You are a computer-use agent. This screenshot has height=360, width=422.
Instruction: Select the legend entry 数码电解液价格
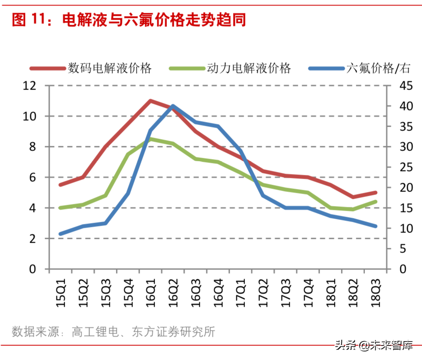pyautogui.click(x=110, y=68)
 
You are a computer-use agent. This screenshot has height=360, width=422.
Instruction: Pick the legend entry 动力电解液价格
pyautogui.click(x=249, y=68)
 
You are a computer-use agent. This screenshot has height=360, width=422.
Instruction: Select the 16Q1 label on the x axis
pyautogui.click(x=150, y=292)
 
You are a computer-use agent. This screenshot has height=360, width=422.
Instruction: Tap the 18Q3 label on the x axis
pyautogui.click(x=376, y=292)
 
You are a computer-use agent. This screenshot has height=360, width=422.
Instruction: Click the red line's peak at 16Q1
pyautogui.click(x=150, y=101)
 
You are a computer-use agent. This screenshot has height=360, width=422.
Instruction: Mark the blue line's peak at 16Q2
pyautogui.click(x=173, y=106)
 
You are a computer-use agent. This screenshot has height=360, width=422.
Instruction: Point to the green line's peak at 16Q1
pyautogui.click(x=150, y=139)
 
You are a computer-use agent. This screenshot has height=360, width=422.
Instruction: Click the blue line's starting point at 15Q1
pyautogui.click(x=61, y=234)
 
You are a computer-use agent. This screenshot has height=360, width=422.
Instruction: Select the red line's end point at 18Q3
pyautogui.click(x=376, y=192)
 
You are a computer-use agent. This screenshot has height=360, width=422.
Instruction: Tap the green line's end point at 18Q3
pyautogui.click(x=376, y=201)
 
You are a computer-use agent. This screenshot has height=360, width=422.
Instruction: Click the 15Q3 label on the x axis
pyautogui.click(x=106, y=292)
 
